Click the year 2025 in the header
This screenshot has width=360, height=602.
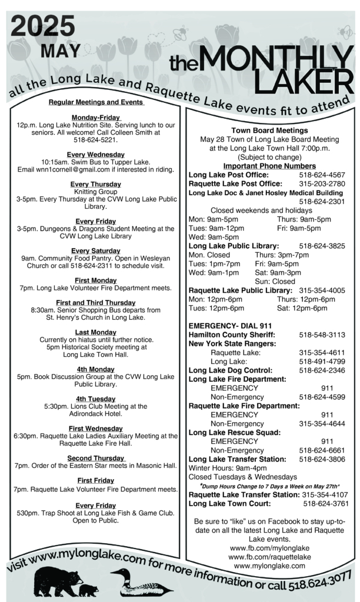point(42,26)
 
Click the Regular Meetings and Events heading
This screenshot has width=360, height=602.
point(96,102)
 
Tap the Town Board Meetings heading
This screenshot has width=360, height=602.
point(269,130)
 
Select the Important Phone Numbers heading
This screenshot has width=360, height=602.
point(269,166)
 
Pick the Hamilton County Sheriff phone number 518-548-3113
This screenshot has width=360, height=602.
point(322,335)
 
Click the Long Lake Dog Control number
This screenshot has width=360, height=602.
point(322,370)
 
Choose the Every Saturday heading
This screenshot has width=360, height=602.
point(95,251)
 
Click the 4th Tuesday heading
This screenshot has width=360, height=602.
point(95,399)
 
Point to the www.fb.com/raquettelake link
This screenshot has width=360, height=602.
point(269,557)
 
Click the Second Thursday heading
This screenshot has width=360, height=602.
point(96,458)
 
